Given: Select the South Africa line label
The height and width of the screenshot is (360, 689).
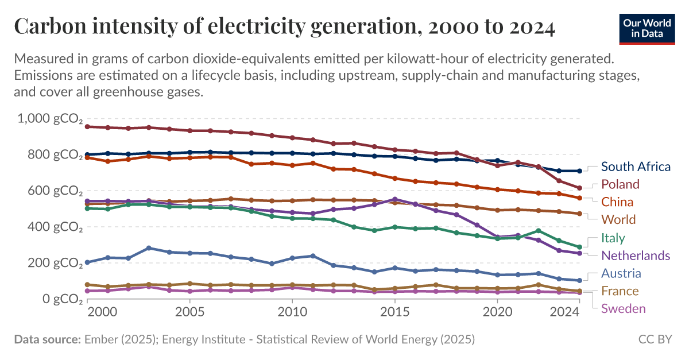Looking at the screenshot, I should point(636,167).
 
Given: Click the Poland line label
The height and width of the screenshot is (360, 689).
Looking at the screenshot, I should point(620,184).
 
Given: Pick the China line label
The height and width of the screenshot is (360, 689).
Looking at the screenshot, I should point(617,202).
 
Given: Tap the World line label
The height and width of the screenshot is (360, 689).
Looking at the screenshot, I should point(618,220).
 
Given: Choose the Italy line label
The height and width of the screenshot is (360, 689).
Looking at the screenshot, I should point(613,238).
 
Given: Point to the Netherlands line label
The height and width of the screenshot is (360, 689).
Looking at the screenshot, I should point(636,256).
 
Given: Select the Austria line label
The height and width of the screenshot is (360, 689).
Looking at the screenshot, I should point(621,273).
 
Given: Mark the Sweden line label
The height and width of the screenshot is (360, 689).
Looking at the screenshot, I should point(623,309).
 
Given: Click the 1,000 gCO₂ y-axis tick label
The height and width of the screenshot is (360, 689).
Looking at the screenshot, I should point(51,119).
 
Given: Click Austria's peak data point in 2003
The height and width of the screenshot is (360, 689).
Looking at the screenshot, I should point(149,248).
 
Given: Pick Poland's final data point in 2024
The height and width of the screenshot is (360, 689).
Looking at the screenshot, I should point(579,188).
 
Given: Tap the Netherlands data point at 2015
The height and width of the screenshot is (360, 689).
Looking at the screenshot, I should point(394,199).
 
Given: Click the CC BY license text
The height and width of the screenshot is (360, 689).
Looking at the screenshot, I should point(655,339).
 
